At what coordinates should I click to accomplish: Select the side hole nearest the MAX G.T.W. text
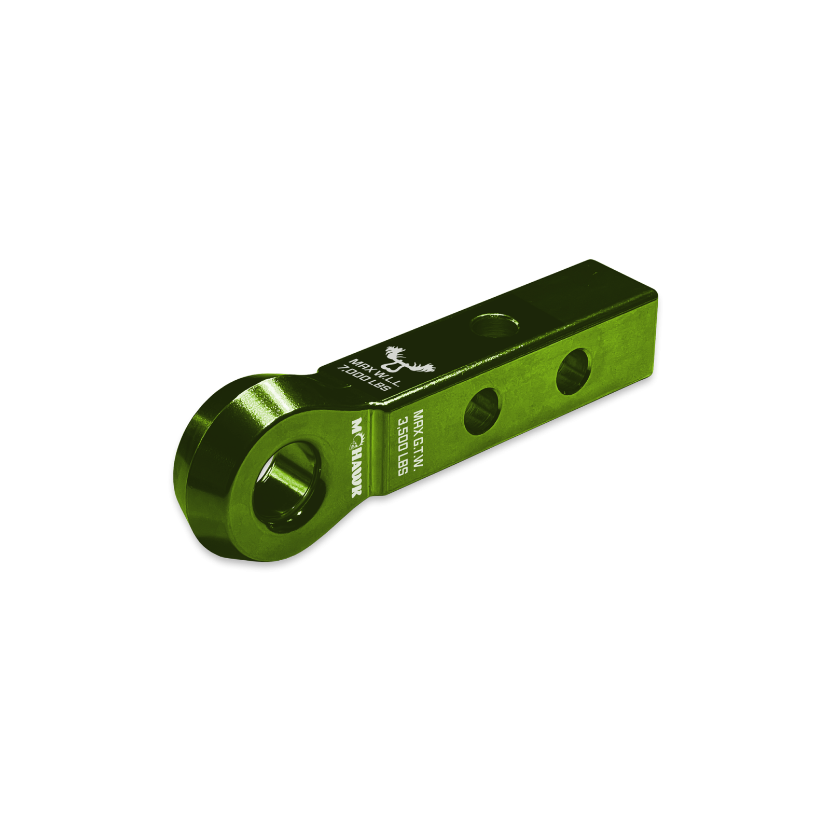[481, 412]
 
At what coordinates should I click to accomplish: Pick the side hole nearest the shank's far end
[573, 372]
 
